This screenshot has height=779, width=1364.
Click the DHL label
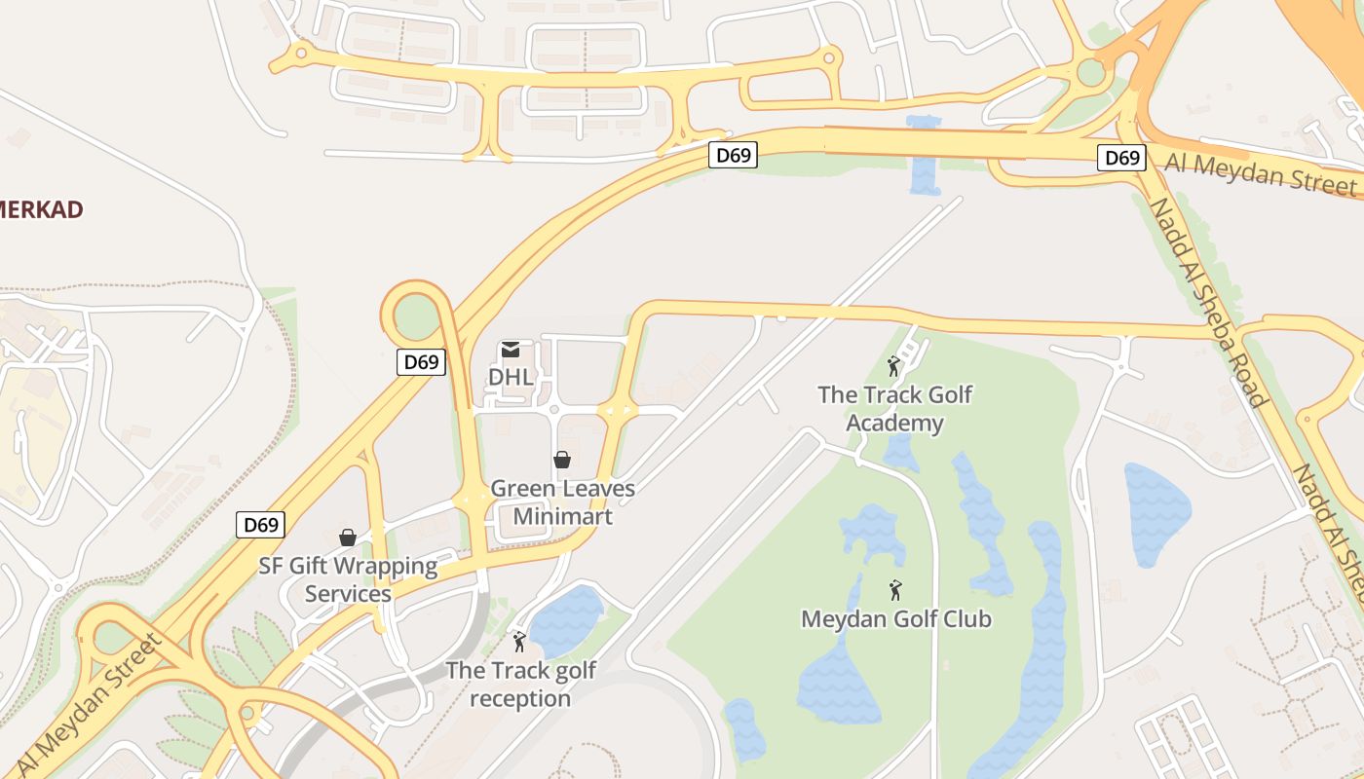click(x=511, y=376)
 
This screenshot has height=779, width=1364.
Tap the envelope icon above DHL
click(x=511, y=350)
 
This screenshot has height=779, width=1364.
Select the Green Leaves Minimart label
click(x=562, y=502)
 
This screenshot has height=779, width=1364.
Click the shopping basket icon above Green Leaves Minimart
click(x=562, y=460)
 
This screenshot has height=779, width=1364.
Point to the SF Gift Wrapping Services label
click(x=348, y=579)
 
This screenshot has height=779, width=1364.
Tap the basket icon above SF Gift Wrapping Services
click(x=348, y=538)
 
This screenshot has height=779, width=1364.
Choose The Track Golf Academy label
click(x=894, y=409)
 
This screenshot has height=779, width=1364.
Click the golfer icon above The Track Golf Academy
click(x=893, y=367)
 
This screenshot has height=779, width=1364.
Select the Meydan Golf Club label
click(x=895, y=618)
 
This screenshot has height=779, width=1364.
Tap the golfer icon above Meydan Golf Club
click(x=895, y=590)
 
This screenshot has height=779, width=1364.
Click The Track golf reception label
click(x=520, y=685)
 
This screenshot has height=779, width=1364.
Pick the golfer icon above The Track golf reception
click(x=519, y=643)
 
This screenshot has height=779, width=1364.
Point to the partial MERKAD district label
click(x=41, y=209)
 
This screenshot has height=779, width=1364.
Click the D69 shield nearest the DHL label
click(x=422, y=362)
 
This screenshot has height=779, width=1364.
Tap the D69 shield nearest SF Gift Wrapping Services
click(x=261, y=525)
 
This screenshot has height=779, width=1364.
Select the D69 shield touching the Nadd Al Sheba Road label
click(x=1120, y=158)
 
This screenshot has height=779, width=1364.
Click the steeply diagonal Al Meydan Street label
click(x=88, y=706)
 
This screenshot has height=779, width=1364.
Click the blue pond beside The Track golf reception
click(x=566, y=620)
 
